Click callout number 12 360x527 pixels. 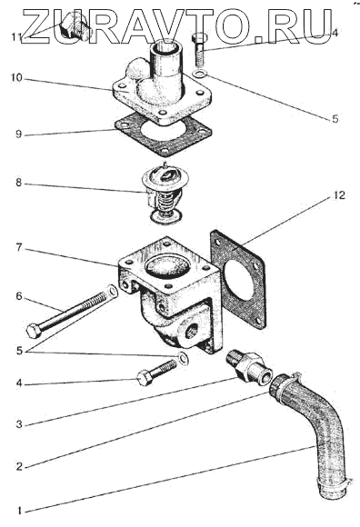coord(339,195)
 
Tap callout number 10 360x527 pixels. coord(15,78)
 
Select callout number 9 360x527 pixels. coord(18,134)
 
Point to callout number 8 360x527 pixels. coord(18,184)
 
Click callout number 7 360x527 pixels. coord(19,248)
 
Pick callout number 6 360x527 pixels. coord(19,296)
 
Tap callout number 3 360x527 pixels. coord(19,424)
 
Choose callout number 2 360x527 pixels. coord(19,466)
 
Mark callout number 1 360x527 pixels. coord(19,512)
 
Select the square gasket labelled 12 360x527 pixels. coord(238,279)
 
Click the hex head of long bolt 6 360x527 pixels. coord(34,331)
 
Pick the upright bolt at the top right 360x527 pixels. coord(198,49)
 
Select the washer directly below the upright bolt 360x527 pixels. coord(201,75)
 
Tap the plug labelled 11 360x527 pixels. coord(75,28)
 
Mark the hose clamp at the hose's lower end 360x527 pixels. coord(334,483)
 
